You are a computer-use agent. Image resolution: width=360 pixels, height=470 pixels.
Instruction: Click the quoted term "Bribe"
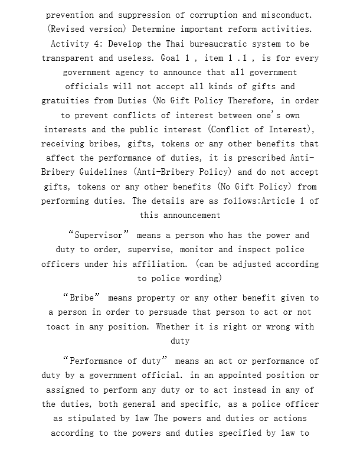83,298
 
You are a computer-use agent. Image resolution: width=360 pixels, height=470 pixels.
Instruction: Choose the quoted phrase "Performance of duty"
116,361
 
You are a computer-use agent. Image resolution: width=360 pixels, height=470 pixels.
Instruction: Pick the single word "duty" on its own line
180,341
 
